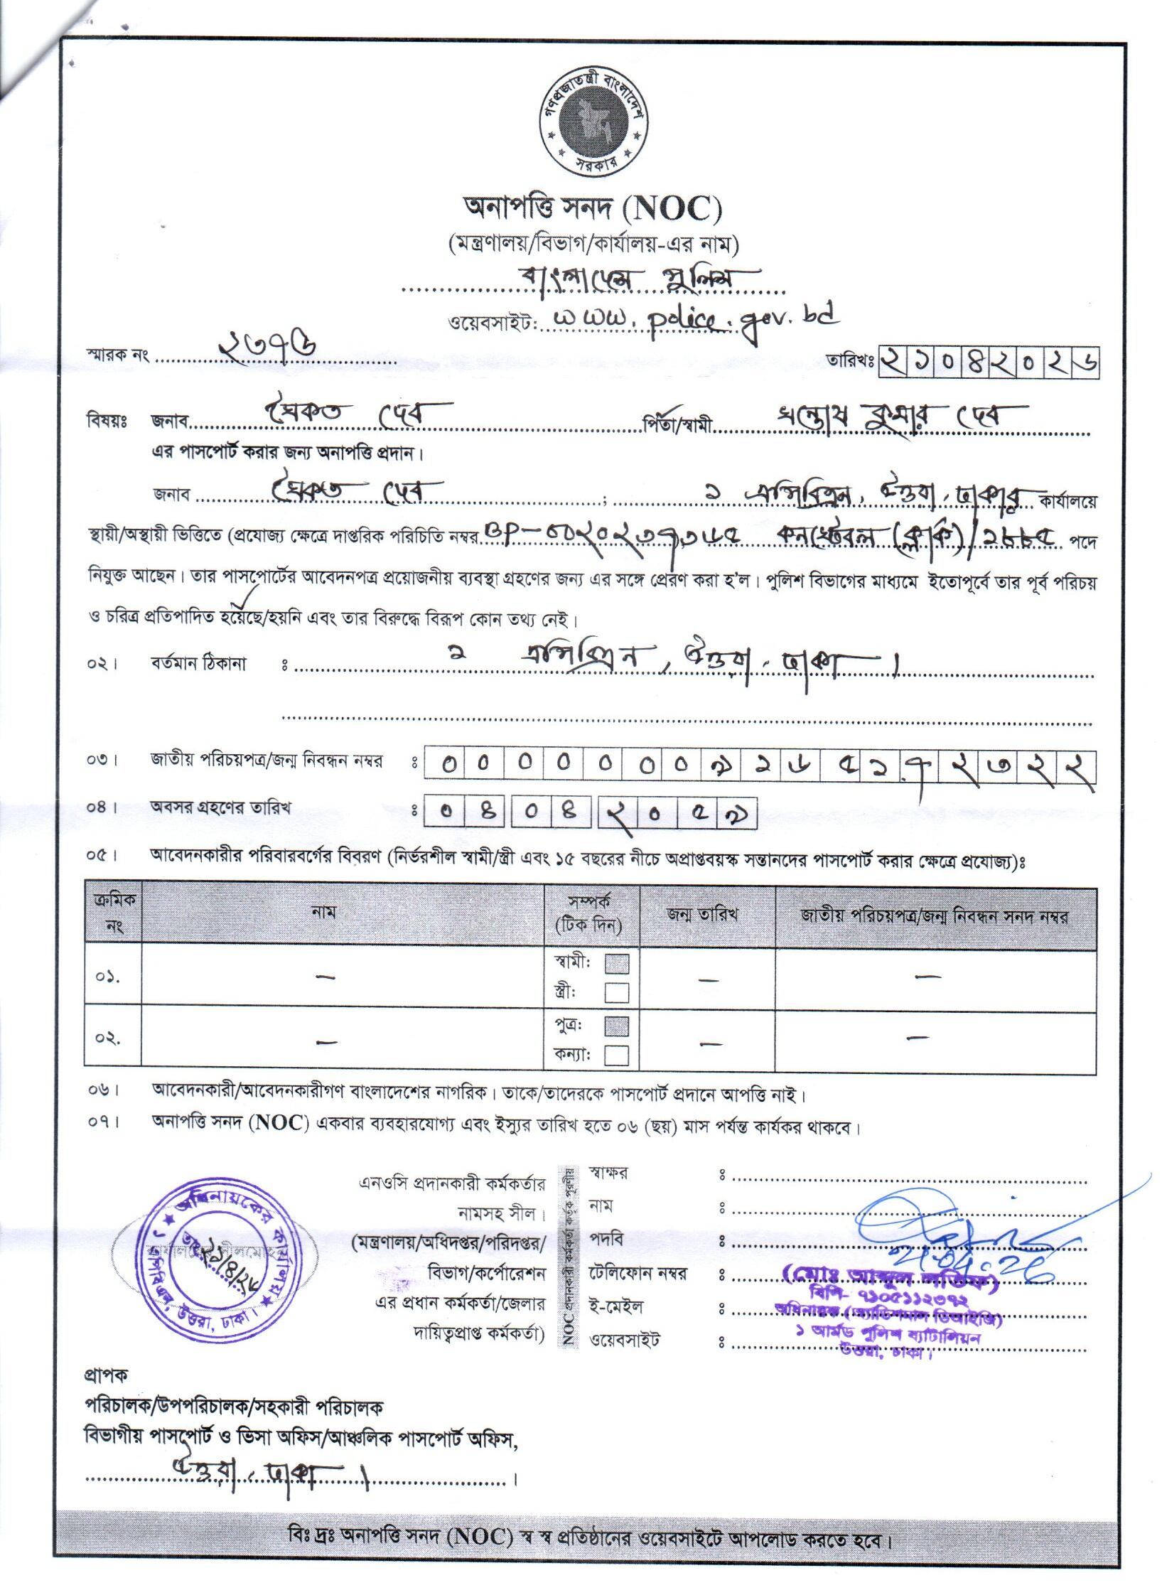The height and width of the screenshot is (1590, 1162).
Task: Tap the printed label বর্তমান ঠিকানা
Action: click(198, 665)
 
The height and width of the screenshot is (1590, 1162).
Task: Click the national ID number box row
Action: click(759, 766)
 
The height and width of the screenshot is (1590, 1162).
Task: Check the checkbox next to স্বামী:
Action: click(616, 964)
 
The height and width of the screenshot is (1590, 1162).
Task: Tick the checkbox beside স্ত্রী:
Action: click(616, 992)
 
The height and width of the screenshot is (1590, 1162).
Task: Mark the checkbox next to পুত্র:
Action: click(616, 1026)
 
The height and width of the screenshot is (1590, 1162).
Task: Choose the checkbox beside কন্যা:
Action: click(616, 1055)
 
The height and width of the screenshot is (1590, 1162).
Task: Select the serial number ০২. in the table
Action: click(107, 1038)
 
